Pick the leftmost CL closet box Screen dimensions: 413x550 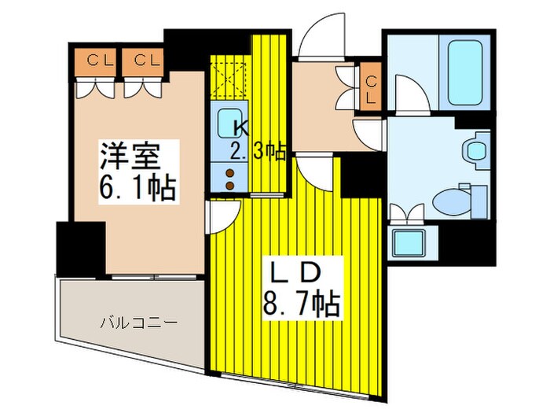[x=96, y=61]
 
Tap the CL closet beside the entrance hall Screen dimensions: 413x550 [x=372, y=87]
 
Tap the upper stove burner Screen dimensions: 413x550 [x=231, y=173]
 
